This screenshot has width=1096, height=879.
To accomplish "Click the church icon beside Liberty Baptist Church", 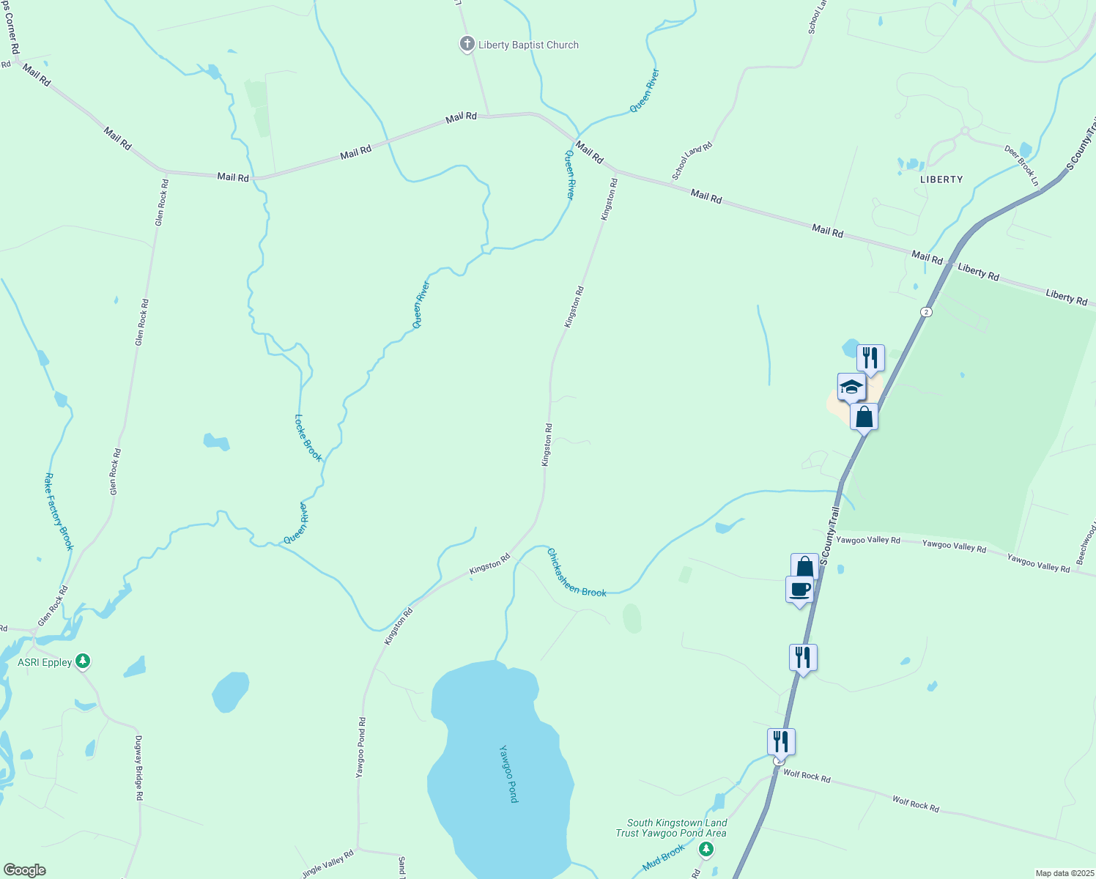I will [467, 45].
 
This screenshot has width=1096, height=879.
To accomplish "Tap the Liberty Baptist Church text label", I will [528, 45].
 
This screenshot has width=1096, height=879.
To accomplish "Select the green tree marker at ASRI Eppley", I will [83, 661].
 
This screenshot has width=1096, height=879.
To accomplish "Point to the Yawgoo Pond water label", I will [508, 774].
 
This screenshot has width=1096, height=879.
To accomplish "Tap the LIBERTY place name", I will [941, 179].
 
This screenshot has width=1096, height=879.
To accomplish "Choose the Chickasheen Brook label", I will [577, 573].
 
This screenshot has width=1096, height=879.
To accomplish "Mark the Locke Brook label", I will [308, 438].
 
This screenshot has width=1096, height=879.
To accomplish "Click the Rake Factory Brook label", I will [59, 511].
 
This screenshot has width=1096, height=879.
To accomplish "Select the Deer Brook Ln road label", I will [1021, 166].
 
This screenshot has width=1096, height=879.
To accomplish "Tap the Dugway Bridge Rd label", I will [138, 767].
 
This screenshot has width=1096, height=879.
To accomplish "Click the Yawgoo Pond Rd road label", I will [360, 747].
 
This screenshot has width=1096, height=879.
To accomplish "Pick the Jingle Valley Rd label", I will [328, 864].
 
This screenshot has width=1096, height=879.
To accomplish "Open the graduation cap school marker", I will [851, 387].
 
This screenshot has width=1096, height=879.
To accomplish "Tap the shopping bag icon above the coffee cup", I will [804, 566].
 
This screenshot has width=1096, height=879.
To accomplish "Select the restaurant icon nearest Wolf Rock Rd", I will [781, 741].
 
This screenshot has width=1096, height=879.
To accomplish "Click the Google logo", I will [24, 870].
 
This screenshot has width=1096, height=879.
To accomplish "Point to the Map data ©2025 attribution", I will [1064, 873].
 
